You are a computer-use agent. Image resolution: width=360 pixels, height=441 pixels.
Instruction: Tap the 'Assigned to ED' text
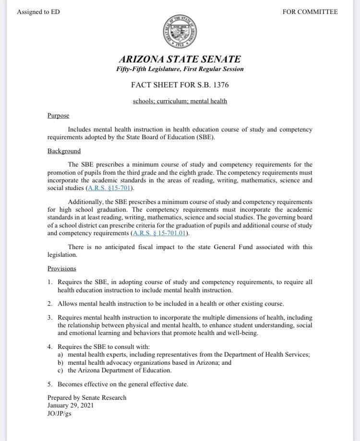(38, 12)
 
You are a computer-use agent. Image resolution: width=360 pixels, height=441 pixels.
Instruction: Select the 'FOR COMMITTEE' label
(310, 12)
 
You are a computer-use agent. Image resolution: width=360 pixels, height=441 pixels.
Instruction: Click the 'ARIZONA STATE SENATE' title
(180, 60)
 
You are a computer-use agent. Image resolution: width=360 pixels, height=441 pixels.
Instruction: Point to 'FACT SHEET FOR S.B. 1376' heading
(180, 85)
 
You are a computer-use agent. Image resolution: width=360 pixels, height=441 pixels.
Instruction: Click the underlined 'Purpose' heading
(59, 116)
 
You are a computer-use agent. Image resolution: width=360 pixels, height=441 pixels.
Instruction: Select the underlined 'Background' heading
(64, 151)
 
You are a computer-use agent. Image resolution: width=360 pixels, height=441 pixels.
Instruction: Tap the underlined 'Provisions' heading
(62, 269)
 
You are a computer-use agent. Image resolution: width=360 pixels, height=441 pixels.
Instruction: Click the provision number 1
(50, 283)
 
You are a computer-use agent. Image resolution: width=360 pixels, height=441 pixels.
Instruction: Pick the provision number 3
(50, 318)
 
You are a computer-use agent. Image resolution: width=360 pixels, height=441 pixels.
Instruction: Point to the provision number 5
(50, 384)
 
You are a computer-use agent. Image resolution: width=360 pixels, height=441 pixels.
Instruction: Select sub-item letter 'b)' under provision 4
(60, 363)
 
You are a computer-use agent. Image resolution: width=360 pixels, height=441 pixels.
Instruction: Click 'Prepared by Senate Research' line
(87, 397)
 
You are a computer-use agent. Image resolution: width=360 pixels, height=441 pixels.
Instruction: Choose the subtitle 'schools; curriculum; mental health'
(180, 101)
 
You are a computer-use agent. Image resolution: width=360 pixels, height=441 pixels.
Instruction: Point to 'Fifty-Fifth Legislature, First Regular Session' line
(180, 69)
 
